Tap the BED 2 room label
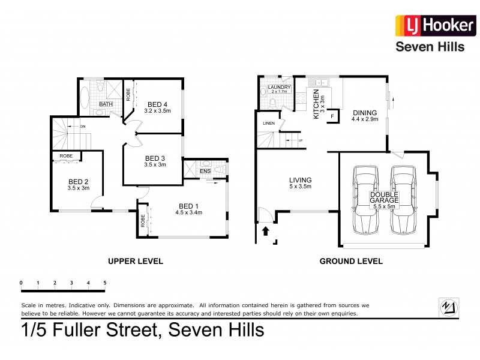[79, 181]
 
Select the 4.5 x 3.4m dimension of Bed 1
[188, 212]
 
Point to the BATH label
[106, 104]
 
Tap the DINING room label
[364, 113]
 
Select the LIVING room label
[301, 179]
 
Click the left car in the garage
[365, 200]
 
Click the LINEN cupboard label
[268, 124]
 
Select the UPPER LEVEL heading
[135, 261]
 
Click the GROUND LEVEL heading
[351, 261]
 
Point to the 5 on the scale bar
[104, 282]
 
